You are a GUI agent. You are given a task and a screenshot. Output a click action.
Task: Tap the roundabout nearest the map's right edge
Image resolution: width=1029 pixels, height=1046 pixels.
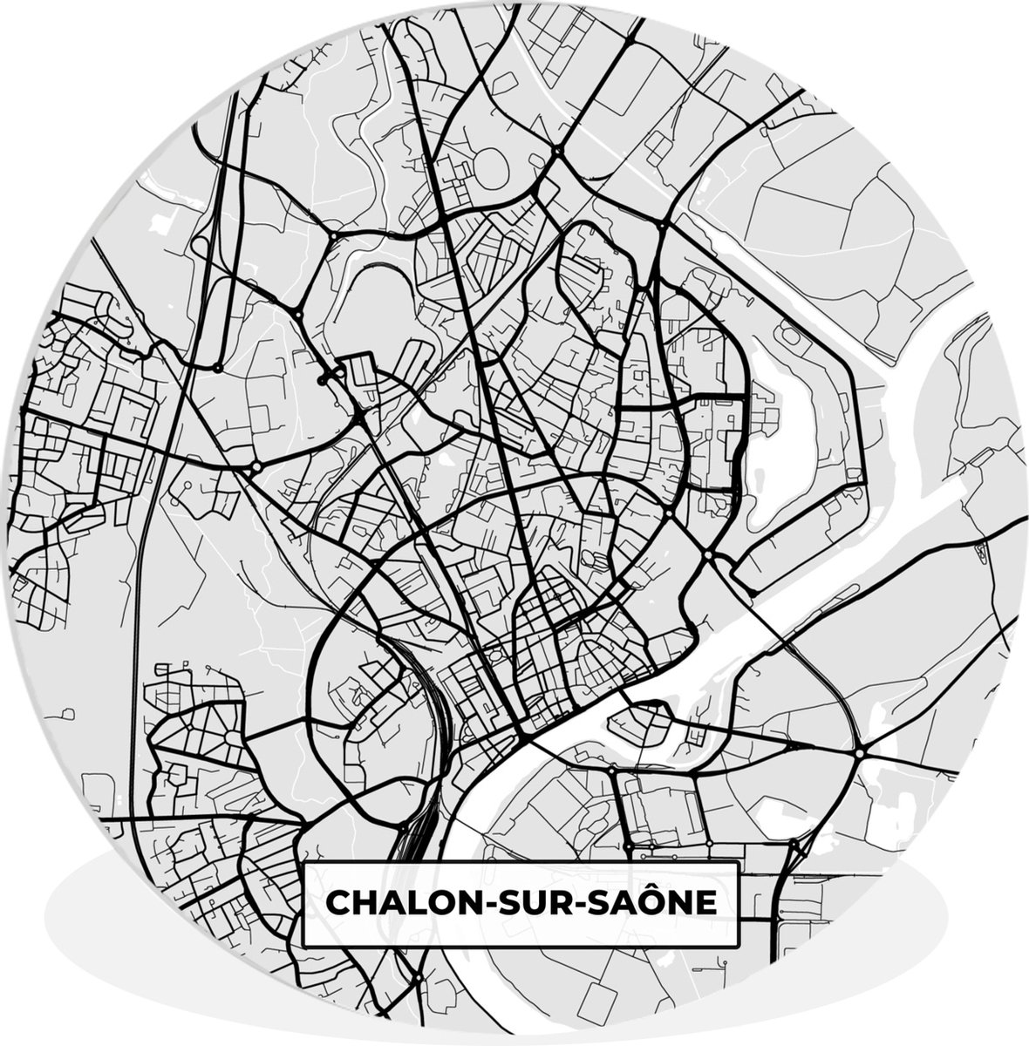pos(859,751)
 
